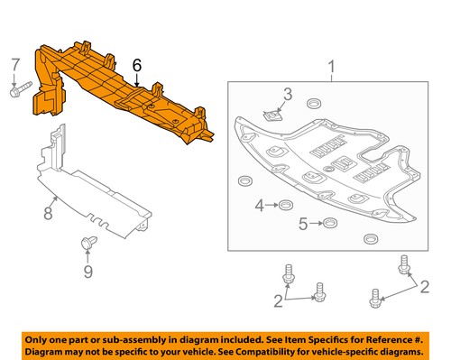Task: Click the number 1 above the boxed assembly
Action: [331, 67]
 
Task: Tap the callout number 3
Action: [288, 94]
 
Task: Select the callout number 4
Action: [259, 206]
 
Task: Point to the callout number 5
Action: [303, 224]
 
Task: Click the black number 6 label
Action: [137, 65]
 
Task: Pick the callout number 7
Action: [15, 65]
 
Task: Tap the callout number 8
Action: [48, 213]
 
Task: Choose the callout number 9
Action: [87, 272]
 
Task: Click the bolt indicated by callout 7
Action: [21, 89]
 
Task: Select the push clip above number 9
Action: [89, 243]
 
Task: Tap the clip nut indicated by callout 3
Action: [273, 115]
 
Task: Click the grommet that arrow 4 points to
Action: [286, 205]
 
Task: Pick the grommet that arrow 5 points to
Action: [330, 223]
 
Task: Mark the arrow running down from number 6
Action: [137, 80]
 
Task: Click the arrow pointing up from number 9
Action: [87, 256]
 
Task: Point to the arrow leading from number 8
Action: [53, 201]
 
